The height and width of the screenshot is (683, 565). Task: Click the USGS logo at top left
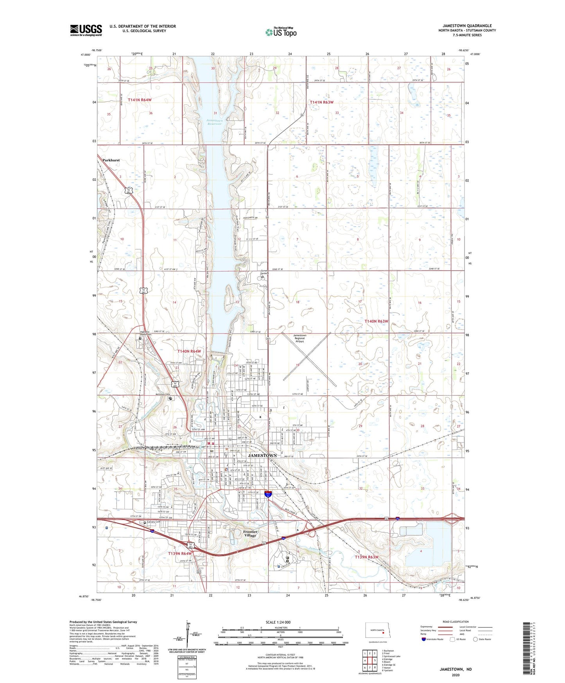click(86, 30)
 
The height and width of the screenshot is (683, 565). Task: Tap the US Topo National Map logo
click(281, 32)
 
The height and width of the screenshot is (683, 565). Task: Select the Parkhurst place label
click(111, 160)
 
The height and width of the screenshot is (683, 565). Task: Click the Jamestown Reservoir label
click(214, 122)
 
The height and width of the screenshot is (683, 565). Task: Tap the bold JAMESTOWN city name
click(262, 456)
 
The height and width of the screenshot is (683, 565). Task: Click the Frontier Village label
click(250, 534)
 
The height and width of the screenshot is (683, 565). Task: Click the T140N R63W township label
click(376, 321)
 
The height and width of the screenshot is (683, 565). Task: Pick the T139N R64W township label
click(180, 554)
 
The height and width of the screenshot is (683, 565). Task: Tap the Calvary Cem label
click(153, 522)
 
